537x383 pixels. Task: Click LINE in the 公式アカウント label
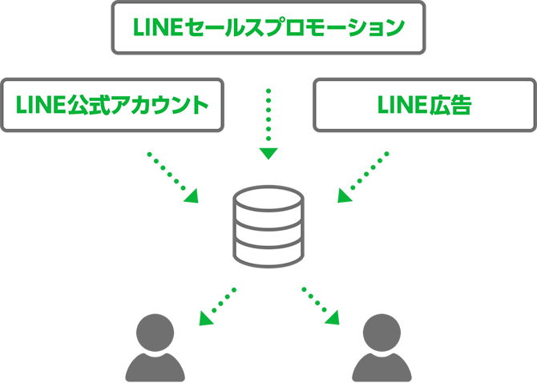pos(39,105)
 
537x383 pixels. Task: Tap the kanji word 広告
pos(450,105)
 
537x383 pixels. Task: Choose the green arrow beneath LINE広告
pos(370,196)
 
